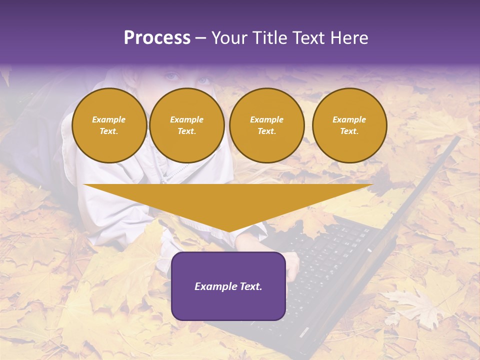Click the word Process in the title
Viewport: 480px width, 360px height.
pos(157,38)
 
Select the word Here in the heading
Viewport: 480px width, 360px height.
pos(350,38)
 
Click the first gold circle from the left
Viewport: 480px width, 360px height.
pos(109,125)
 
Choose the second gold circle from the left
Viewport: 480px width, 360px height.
pos(187,125)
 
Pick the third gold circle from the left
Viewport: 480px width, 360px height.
pos(267,125)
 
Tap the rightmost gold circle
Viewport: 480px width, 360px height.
pos(349,125)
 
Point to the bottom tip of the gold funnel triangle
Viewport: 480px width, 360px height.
pos(228,231)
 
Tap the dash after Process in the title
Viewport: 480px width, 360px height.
pos(200,38)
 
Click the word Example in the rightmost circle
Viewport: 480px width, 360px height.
pos(349,119)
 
